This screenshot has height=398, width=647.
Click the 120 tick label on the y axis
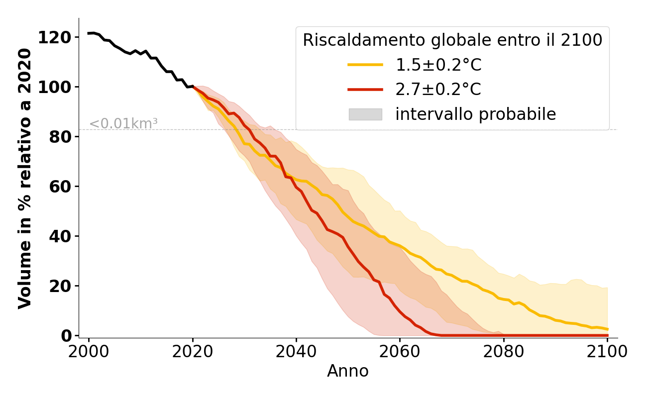54,37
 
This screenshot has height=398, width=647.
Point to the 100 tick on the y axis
54,87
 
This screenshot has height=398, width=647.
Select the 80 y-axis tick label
60,137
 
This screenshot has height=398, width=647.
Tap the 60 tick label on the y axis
60,187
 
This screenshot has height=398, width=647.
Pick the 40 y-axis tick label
60,236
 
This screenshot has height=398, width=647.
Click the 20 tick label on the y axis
60,286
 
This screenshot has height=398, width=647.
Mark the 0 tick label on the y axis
66,336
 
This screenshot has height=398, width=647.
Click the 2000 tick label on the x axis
89,351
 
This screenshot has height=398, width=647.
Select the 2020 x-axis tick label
193,351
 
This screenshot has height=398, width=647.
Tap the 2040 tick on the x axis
296,351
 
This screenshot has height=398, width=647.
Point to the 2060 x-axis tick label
400,351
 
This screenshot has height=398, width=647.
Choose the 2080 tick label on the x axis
503,351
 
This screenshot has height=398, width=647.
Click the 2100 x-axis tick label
607,351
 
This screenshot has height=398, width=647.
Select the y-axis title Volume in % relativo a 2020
25,178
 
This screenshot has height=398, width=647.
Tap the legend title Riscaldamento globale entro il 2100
452,40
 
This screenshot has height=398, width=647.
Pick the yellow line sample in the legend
365,65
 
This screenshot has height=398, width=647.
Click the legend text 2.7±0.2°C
438,90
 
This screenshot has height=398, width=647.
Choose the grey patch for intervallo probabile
365,114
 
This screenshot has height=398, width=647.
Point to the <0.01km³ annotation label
123,124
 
